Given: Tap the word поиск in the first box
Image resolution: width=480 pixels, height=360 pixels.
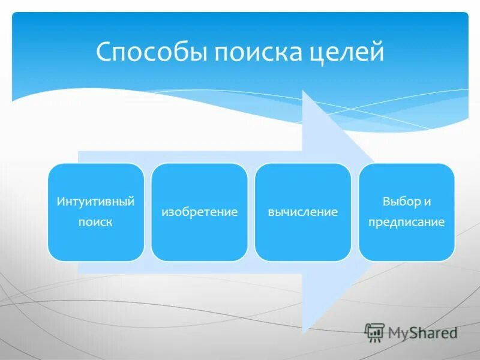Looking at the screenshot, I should tap(95, 222).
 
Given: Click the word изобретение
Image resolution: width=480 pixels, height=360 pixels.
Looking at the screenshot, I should tap(199, 212).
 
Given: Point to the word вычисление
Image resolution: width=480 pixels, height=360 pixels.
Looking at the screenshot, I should tap(303, 212).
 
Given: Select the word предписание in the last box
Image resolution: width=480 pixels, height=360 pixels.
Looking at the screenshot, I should tap(407, 222).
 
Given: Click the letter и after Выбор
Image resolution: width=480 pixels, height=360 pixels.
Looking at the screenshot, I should tap(427, 202).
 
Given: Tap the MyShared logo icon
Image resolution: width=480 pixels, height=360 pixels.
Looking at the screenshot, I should tap(375, 332).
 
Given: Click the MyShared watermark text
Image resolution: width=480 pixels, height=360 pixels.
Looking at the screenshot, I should tap(422, 332).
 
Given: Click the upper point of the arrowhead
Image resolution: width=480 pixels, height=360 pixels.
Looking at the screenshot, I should tap(305, 92).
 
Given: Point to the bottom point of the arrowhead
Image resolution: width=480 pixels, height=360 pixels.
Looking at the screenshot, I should tap(305, 332).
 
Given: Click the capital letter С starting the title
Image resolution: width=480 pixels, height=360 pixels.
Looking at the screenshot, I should tap(103, 52).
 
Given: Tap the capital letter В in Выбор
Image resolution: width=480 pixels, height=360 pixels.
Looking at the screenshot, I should tap(386, 202).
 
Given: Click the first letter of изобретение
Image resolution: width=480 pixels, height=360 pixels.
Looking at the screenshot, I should tap(163, 212).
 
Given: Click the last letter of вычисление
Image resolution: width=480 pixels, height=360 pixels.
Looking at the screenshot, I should tap(335, 212).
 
